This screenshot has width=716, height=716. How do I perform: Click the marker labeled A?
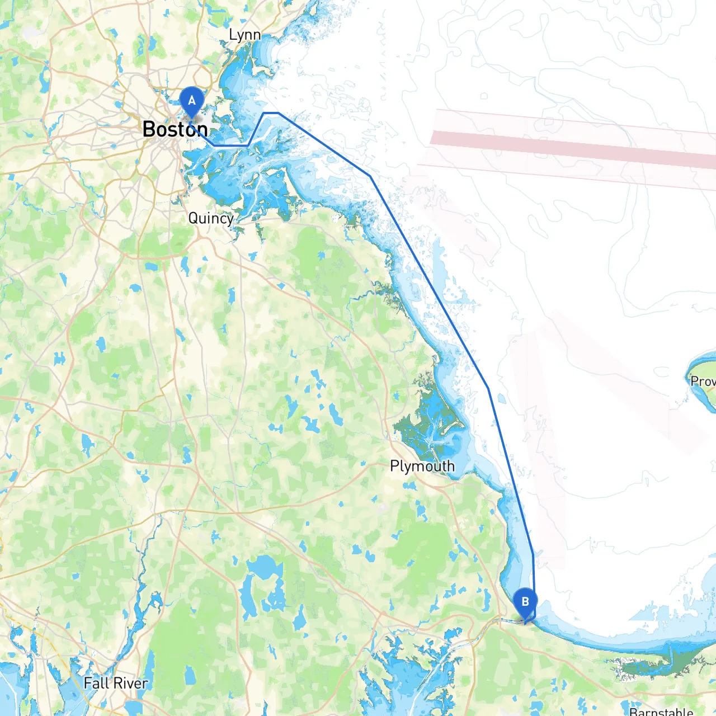(191, 102)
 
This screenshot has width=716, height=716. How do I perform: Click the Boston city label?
(175, 129)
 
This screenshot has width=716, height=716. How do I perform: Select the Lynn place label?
(244, 35)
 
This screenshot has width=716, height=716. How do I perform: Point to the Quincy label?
(211, 218)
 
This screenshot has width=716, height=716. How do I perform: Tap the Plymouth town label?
(422, 466)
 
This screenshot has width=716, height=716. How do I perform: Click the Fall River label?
(116, 683)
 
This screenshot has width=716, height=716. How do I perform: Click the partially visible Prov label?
(703, 381)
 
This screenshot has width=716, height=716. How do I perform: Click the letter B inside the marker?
(525, 602)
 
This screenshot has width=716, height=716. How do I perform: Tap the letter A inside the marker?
(191, 101)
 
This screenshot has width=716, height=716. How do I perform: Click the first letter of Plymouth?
(394, 466)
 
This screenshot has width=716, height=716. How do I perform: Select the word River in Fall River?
(132, 683)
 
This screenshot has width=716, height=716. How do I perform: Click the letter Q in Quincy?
(194, 218)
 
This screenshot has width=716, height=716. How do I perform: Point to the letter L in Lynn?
(232, 35)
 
